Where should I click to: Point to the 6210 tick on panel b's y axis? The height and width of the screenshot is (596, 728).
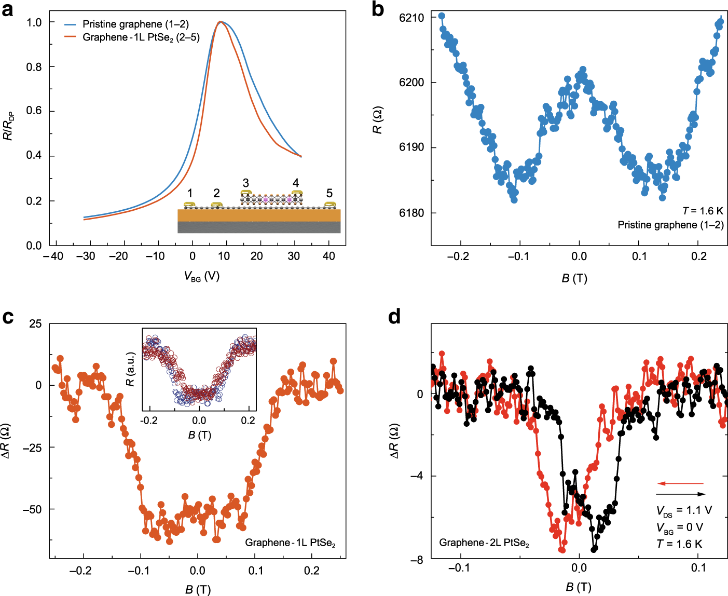click(411, 18)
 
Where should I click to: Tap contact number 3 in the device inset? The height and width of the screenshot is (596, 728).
click(245, 183)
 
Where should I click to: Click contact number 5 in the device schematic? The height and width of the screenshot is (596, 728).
click(329, 193)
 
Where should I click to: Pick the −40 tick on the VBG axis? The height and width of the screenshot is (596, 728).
click(53, 256)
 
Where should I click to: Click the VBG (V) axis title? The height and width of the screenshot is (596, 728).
click(202, 276)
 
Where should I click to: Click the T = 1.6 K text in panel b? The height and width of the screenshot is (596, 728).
click(703, 211)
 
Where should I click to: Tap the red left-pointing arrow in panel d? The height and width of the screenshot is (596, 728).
click(680, 483)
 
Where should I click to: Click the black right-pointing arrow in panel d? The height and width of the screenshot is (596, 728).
click(680, 494)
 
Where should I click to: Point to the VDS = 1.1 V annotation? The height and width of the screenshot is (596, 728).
click(684, 511)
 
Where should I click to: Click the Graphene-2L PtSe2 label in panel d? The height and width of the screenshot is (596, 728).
click(484, 543)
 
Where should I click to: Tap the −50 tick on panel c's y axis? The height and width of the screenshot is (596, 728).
click(32, 509)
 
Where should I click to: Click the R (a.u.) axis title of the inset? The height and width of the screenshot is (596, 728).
click(131, 369)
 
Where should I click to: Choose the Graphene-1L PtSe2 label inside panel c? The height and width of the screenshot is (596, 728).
click(290, 543)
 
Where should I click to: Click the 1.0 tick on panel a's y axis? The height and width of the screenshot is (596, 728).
click(34, 22)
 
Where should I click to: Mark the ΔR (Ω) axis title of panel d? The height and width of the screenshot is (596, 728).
click(394, 441)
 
